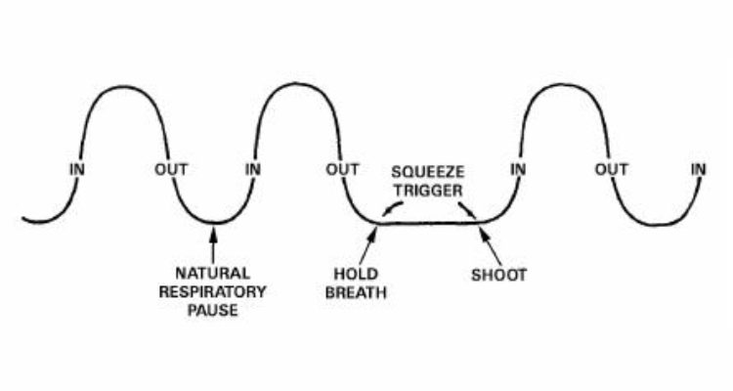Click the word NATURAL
213,273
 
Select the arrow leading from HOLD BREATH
369,245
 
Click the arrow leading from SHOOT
486,244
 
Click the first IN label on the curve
77,169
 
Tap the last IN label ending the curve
698,169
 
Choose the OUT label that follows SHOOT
612,169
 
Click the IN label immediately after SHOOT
519,169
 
